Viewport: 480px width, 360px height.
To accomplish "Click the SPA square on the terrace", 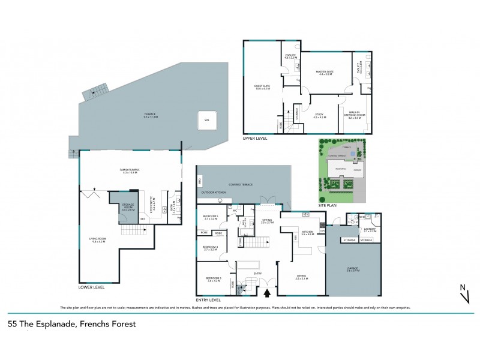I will point(206,121).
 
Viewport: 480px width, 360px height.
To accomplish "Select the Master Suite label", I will point(325,72).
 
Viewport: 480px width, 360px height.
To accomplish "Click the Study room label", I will point(319,115).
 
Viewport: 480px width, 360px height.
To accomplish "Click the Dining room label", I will point(301,277).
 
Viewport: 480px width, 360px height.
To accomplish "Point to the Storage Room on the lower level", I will point(128,207).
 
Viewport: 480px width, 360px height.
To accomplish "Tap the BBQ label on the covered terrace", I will point(200,180).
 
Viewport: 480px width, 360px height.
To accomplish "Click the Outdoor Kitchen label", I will point(212,191).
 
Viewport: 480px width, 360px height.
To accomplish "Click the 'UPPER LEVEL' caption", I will point(254,137).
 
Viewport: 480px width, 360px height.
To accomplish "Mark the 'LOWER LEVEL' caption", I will point(91,287).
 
